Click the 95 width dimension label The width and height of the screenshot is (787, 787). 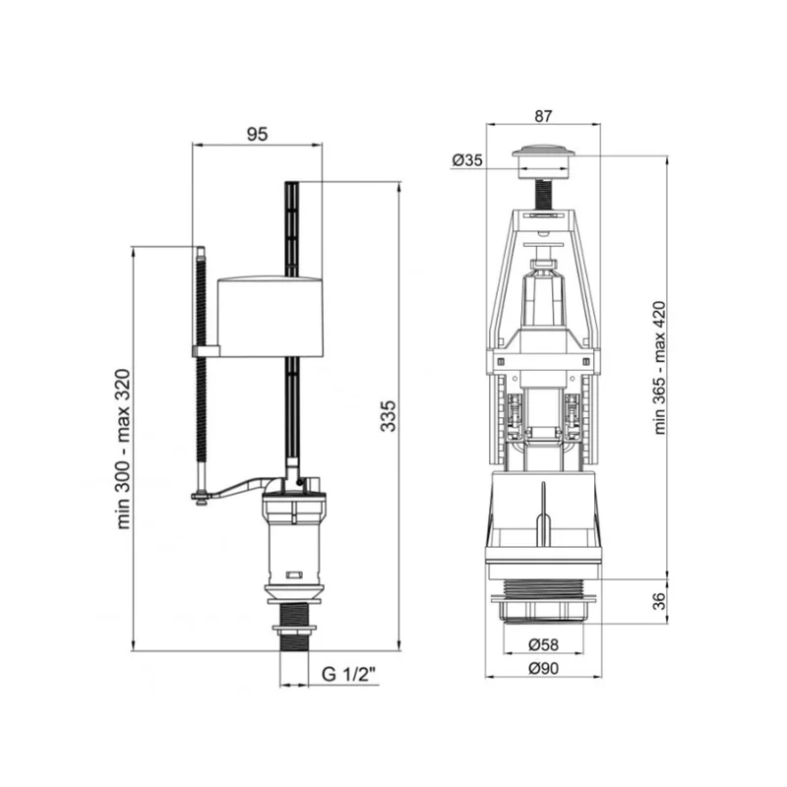257,135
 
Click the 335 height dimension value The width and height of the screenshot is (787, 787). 388,415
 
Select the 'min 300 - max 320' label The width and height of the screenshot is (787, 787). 123,449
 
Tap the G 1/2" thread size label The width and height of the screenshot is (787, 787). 349,674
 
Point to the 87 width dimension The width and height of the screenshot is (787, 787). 543,116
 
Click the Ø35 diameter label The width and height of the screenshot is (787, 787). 466,160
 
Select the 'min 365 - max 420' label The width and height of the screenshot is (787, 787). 659,367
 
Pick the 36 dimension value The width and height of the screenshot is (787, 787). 658,601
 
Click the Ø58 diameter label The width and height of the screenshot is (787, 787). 544,644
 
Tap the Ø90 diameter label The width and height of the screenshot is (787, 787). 544,668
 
